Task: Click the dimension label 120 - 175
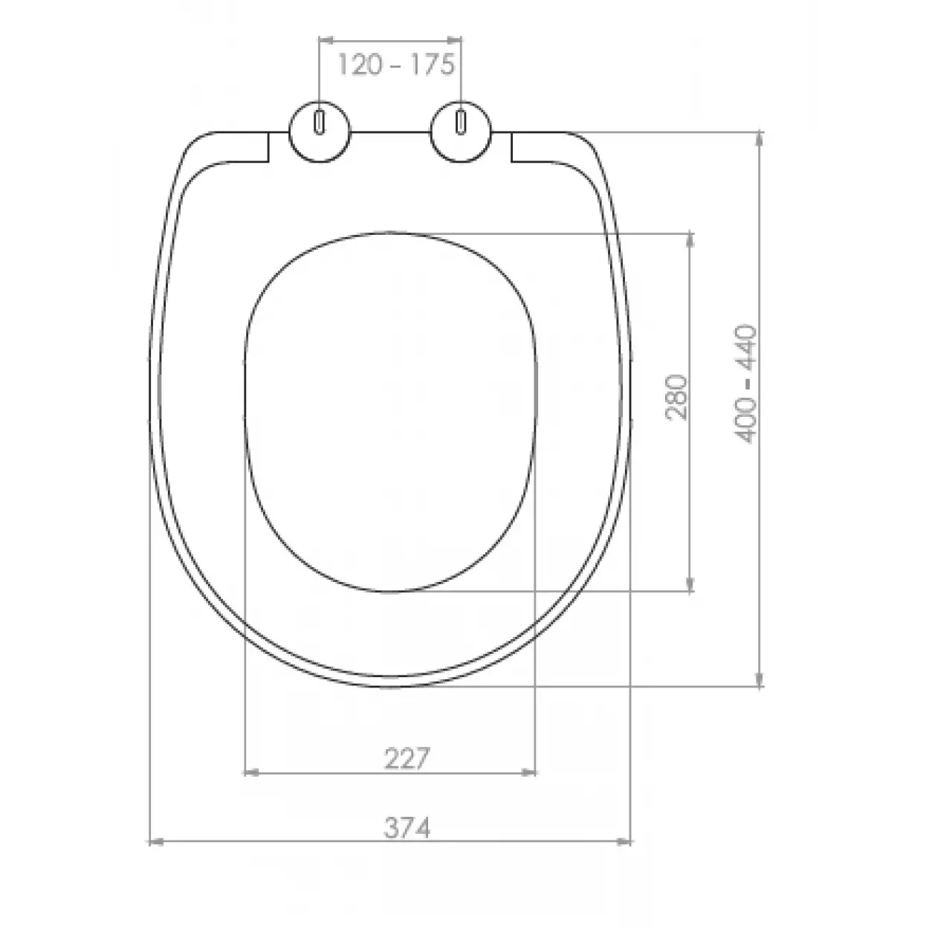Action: pos(396,65)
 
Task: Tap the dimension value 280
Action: pos(676,398)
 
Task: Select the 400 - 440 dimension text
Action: pos(745,383)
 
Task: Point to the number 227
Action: pos(407,760)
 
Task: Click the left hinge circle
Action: pos(320,132)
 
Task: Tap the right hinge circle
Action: pos(461,132)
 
